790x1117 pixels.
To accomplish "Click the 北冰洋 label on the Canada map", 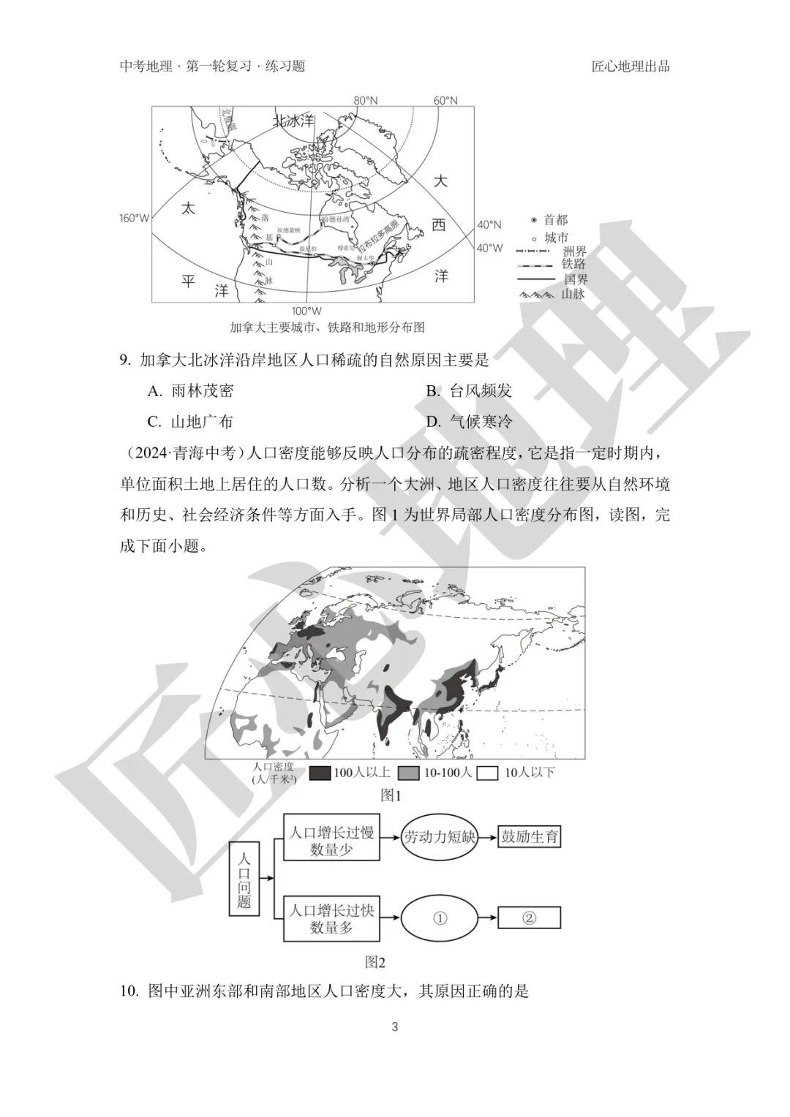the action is coord(293,121).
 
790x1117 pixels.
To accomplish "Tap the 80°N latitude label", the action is coord(366,101).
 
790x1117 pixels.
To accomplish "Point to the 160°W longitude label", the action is coord(134,218).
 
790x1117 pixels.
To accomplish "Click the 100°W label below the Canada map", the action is coord(306,311).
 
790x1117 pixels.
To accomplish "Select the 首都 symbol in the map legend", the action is coord(534,220).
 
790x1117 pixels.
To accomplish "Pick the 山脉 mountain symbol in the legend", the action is coord(538,294).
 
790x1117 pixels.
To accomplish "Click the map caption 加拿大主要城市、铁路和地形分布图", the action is coord(326,327).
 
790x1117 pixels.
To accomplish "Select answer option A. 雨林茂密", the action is coord(191,390).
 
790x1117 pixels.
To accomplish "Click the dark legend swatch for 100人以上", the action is coord(320,773).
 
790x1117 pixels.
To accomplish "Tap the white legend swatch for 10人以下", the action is coord(487,773).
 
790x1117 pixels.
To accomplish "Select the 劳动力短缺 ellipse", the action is coord(440,837).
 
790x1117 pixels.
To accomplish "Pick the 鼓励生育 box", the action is coord(530,837).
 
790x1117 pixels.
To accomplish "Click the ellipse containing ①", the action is coord(440,918).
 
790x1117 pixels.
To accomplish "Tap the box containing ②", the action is coord(530,918).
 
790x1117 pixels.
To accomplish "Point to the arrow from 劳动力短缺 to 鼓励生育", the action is coord(487,837).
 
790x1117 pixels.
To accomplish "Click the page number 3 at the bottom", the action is coord(395,1026).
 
